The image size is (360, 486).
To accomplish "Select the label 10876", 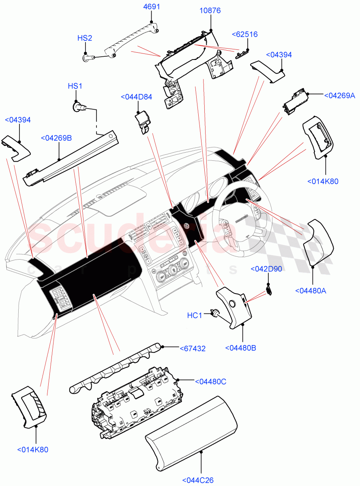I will (210, 11).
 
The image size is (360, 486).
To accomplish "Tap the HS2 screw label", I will (85, 38).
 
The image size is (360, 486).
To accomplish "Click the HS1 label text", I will (75, 86).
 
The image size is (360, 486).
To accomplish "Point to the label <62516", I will (244, 35).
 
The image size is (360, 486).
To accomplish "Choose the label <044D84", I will (136, 97).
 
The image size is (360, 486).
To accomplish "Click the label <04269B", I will (56, 138).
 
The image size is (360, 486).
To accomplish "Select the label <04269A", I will (340, 96).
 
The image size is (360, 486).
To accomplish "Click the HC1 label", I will (194, 315).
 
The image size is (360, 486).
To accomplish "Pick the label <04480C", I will (210, 382).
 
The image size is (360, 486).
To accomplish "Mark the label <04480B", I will (242, 348).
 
